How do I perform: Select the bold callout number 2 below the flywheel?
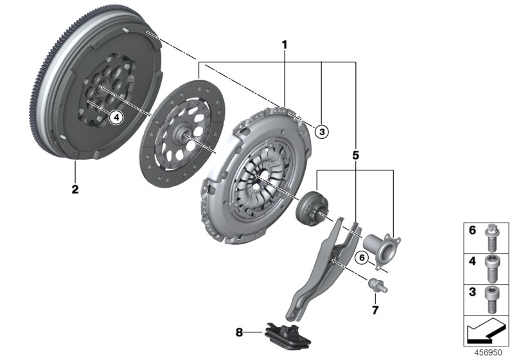[75, 190]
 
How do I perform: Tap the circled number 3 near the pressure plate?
[322, 131]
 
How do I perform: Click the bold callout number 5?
[355, 154]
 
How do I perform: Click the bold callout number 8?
[240, 332]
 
